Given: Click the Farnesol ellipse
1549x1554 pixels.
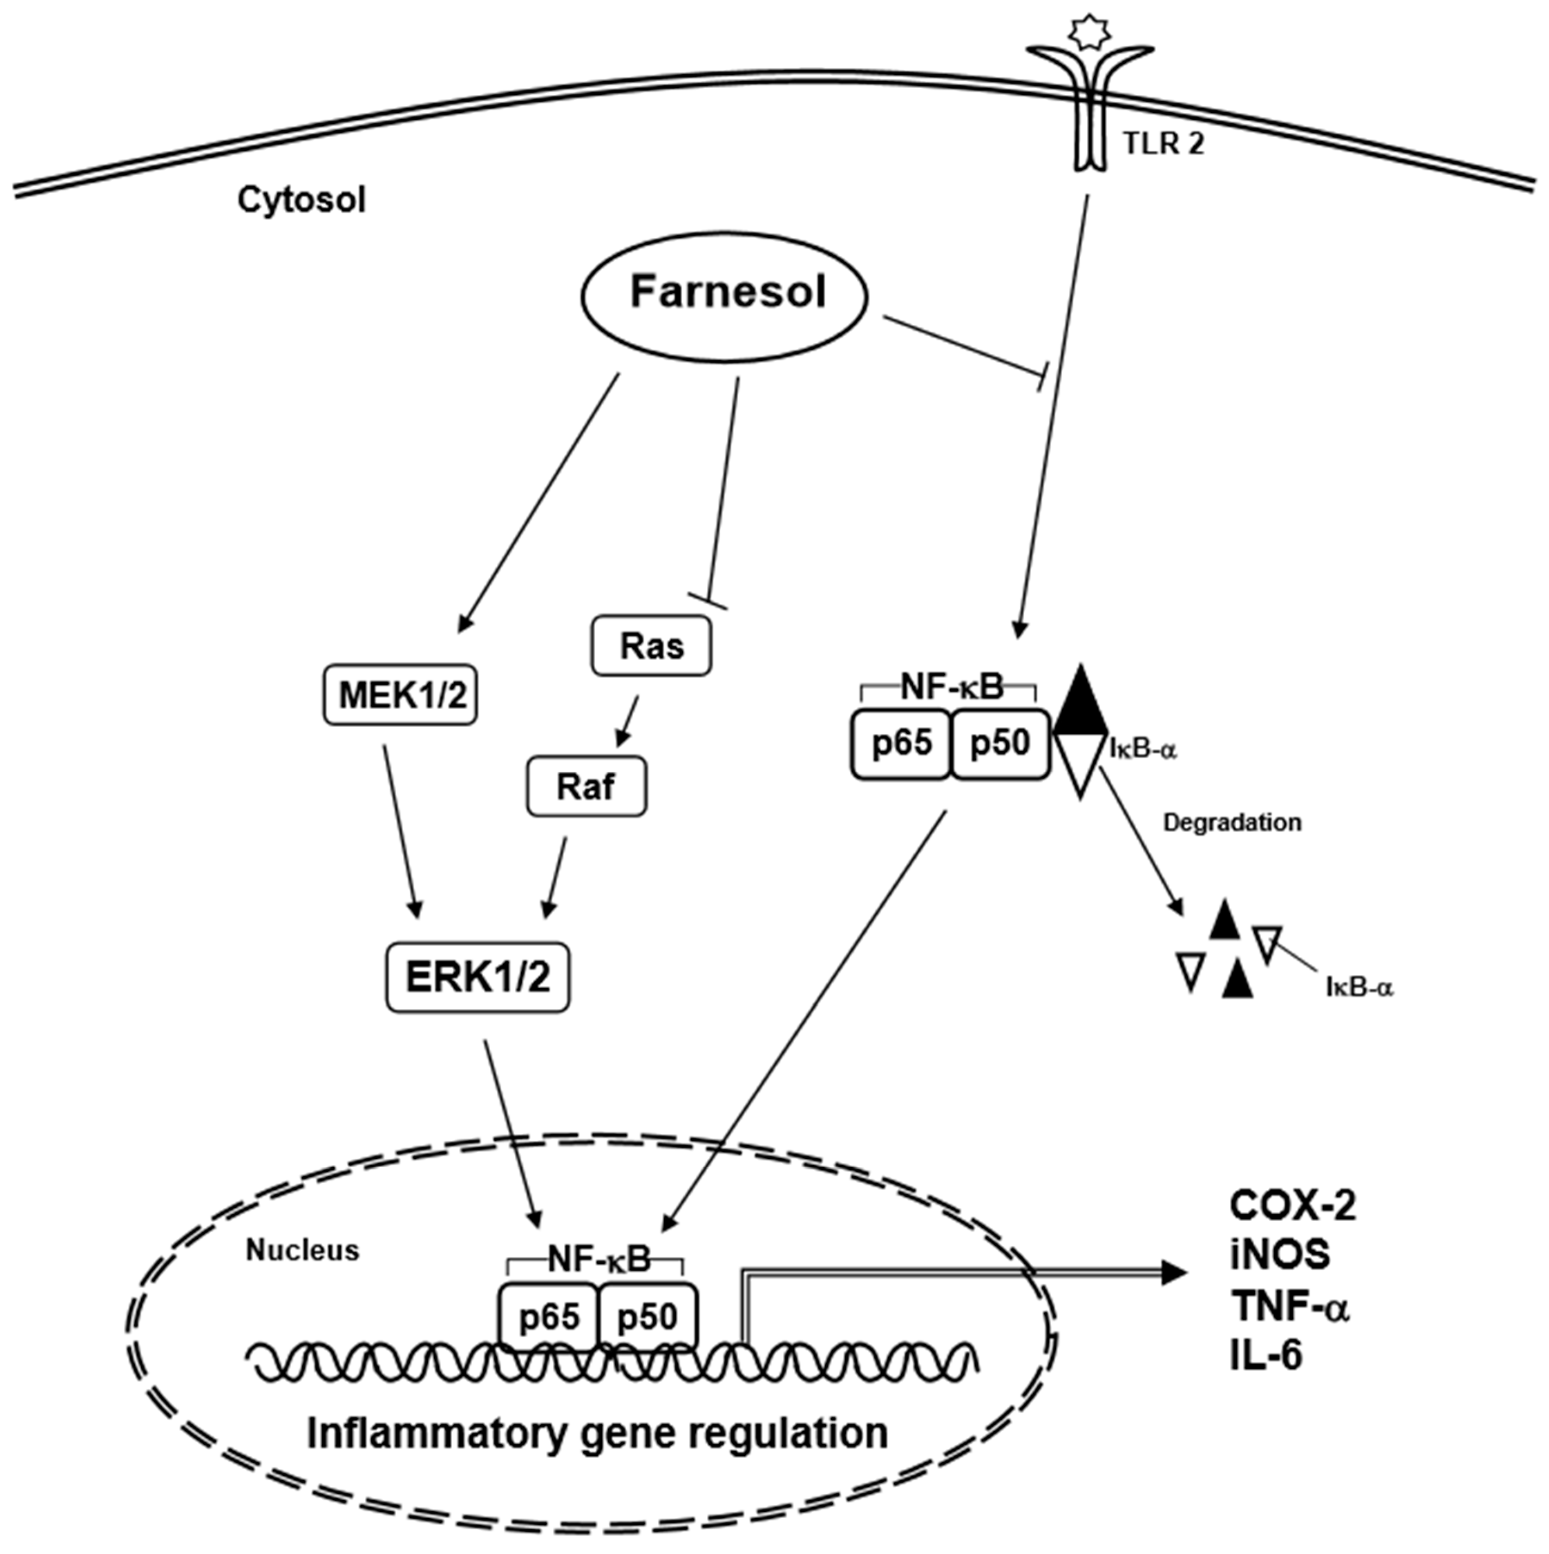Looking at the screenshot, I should (724, 295).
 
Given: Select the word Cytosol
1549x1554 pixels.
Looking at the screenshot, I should (301, 199).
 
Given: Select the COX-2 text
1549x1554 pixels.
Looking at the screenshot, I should (1291, 1206).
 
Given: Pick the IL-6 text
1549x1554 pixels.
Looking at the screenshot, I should (1266, 1356).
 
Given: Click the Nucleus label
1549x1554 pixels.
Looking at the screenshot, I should (302, 1250).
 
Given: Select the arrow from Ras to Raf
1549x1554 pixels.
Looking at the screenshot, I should (628, 721).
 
